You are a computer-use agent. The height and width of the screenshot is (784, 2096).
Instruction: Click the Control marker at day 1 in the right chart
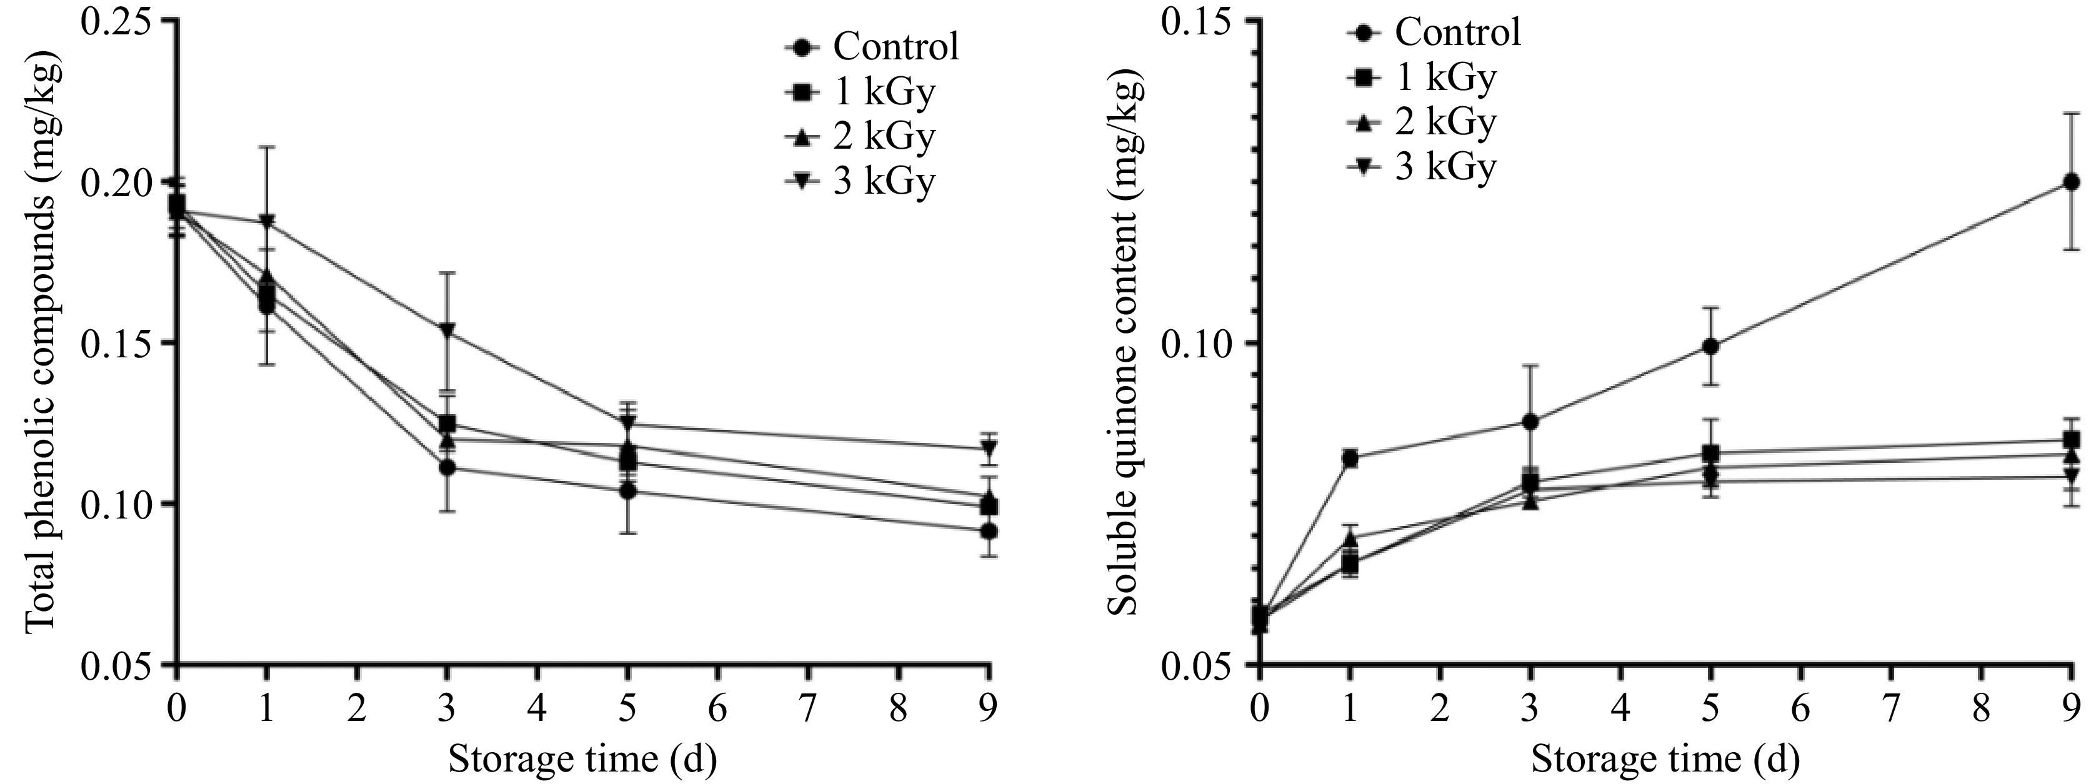[x=1350, y=458]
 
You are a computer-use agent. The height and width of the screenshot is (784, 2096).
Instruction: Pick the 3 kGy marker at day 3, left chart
[x=447, y=330]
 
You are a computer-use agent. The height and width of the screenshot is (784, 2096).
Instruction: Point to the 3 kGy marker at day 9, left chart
[x=989, y=447]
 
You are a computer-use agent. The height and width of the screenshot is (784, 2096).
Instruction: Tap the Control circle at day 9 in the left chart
[x=989, y=531]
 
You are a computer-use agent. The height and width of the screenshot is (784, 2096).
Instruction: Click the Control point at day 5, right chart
[x=1710, y=345]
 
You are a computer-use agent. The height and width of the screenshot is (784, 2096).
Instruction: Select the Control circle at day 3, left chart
[x=447, y=468]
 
